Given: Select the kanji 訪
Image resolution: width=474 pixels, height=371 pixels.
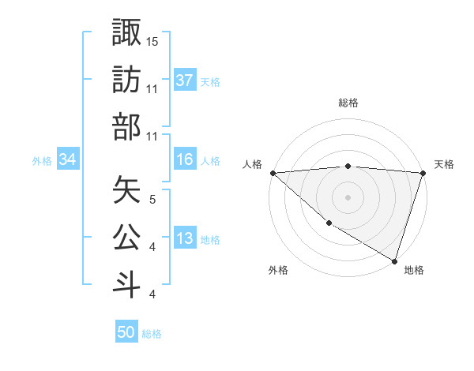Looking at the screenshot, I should [x=127, y=79].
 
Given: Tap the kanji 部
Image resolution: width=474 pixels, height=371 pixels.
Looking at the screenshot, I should [x=127, y=127].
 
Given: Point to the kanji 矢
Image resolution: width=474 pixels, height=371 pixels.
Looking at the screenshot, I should [x=127, y=189].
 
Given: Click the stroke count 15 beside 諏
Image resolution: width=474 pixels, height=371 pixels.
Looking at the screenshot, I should [x=152, y=40].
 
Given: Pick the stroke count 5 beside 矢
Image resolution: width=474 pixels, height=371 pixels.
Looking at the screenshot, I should [x=152, y=199].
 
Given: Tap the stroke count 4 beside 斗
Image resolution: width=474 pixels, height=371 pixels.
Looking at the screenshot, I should [x=152, y=294].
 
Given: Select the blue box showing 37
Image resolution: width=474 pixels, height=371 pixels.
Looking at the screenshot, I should [x=185, y=81].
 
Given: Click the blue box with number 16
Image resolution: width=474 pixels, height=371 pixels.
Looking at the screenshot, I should [x=185, y=160].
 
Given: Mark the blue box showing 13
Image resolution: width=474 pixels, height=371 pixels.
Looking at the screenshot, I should [x=185, y=239].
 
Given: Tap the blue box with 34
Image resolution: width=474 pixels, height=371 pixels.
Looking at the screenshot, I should [x=67, y=160].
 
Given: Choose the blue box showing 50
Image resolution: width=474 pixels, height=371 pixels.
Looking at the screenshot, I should [x=126, y=333].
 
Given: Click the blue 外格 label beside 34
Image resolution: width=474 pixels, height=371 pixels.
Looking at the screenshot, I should [x=42, y=161].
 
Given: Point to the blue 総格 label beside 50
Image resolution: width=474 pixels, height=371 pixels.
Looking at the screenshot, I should [x=152, y=334].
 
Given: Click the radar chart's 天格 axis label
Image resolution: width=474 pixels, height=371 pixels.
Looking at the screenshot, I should [x=444, y=164].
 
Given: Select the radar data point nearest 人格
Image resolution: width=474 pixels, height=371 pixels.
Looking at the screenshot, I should [x=273, y=173].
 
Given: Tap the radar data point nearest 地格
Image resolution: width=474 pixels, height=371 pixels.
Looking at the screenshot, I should [x=394, y=260].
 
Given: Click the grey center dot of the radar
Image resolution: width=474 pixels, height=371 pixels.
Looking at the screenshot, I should [x=348, y=197].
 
